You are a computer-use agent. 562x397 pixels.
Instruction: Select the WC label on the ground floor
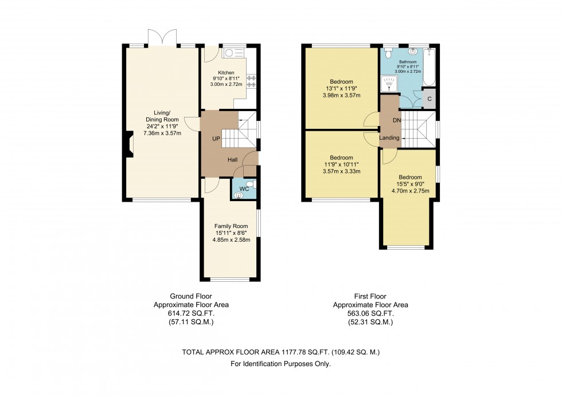point(244,188)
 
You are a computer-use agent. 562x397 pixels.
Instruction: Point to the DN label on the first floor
point(397,121)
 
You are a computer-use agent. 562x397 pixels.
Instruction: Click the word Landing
point(390,137)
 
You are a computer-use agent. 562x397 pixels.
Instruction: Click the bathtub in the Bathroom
point(429,67)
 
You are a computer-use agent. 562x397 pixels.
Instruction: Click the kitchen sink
point(232,53)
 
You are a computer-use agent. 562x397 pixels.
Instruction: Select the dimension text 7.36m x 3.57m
point(162,133)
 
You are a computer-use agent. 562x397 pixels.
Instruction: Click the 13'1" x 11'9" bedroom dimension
point(341,88)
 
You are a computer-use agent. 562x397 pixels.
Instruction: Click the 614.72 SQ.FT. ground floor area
point(191,315)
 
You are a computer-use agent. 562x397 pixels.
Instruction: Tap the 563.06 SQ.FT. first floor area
point(370,315)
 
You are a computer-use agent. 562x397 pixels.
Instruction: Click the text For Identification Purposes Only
point(280,364)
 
